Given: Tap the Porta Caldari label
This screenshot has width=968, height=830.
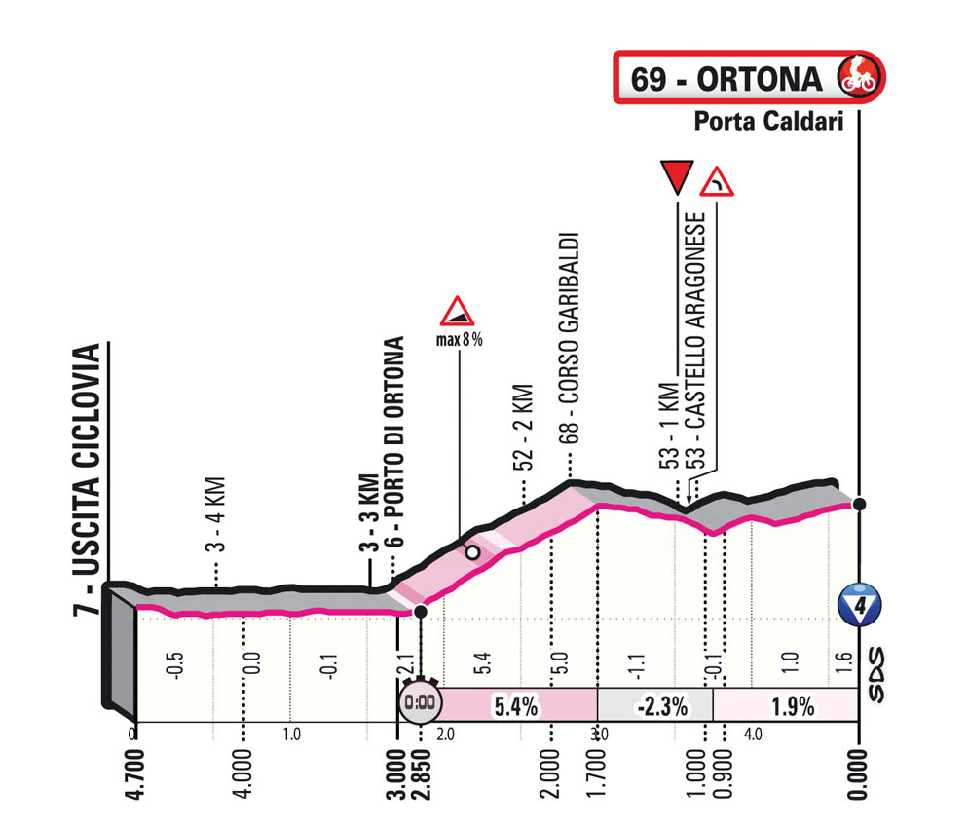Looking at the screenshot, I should click(x=767, y=122).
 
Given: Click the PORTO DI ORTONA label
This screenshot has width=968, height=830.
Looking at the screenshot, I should click(x=394, y=458).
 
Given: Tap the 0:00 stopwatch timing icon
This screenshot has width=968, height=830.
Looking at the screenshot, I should click(x=418, y=701).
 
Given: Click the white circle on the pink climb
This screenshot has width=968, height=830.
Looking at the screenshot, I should click(x=472, y=552).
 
